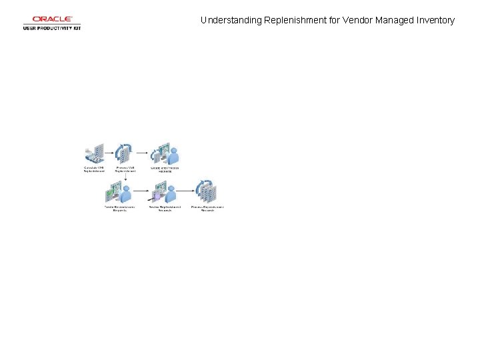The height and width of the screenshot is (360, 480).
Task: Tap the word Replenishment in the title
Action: coord(292,21)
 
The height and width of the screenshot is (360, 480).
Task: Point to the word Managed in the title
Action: coord(394,21)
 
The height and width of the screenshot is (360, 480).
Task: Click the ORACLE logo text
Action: coord(52,19)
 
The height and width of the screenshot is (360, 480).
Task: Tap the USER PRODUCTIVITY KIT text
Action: coord(52,28)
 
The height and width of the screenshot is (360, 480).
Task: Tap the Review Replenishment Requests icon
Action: coord(164,193)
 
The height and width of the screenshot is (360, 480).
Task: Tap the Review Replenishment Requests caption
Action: coord(164,209)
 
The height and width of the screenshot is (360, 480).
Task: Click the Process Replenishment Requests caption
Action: coord(207,209)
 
